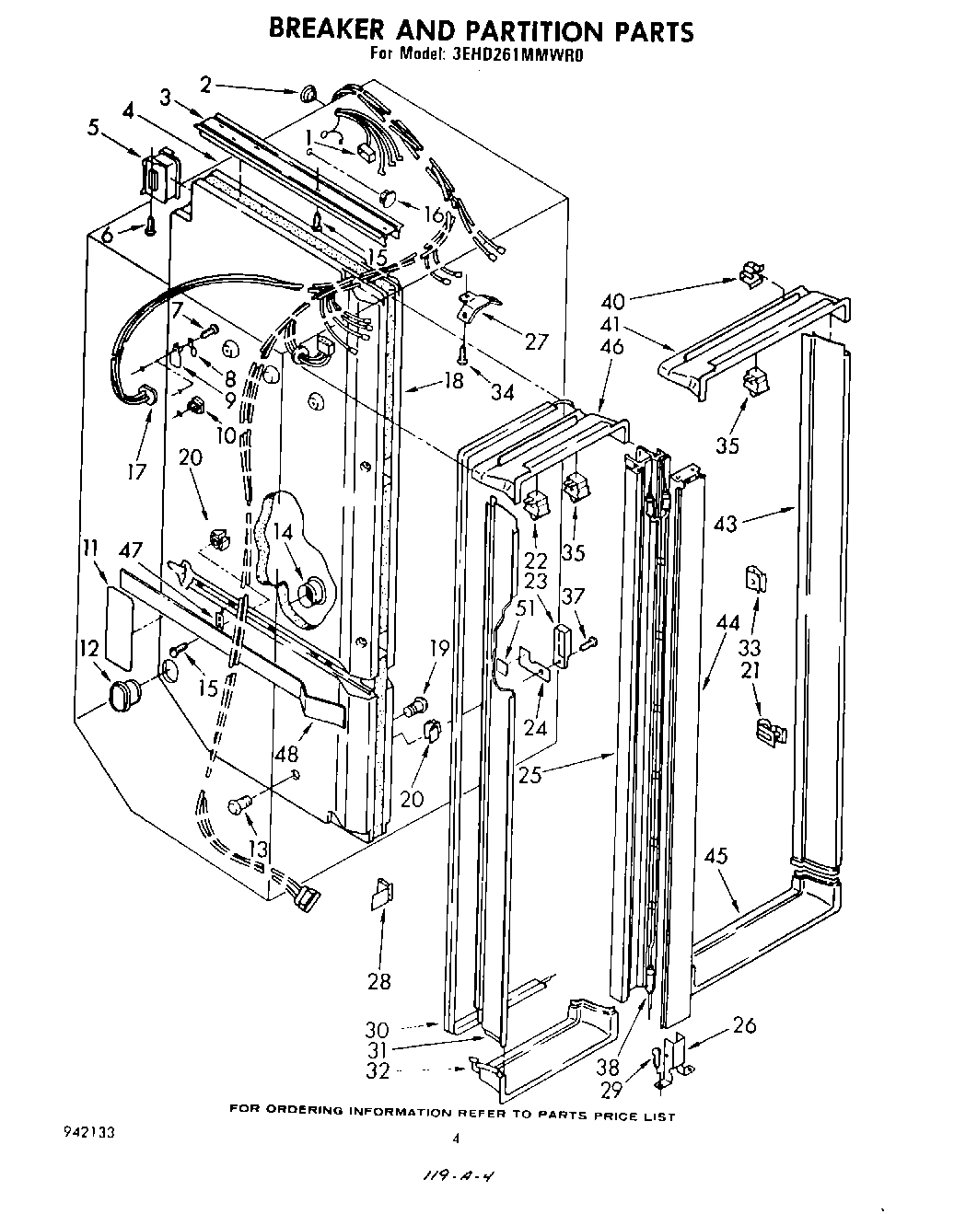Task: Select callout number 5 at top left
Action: (x=93, y=128)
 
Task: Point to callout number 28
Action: (x=379, y=981)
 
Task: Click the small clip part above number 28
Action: (x=382, y=895)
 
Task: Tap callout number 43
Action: (x=726, y=523)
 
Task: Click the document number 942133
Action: (x=84, y=1129)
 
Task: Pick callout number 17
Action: (x=136, y=473)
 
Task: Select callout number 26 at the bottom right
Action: (x=745, y=1024)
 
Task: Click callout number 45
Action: (x=715, y=856)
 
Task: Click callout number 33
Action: (x=750, y=647)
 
